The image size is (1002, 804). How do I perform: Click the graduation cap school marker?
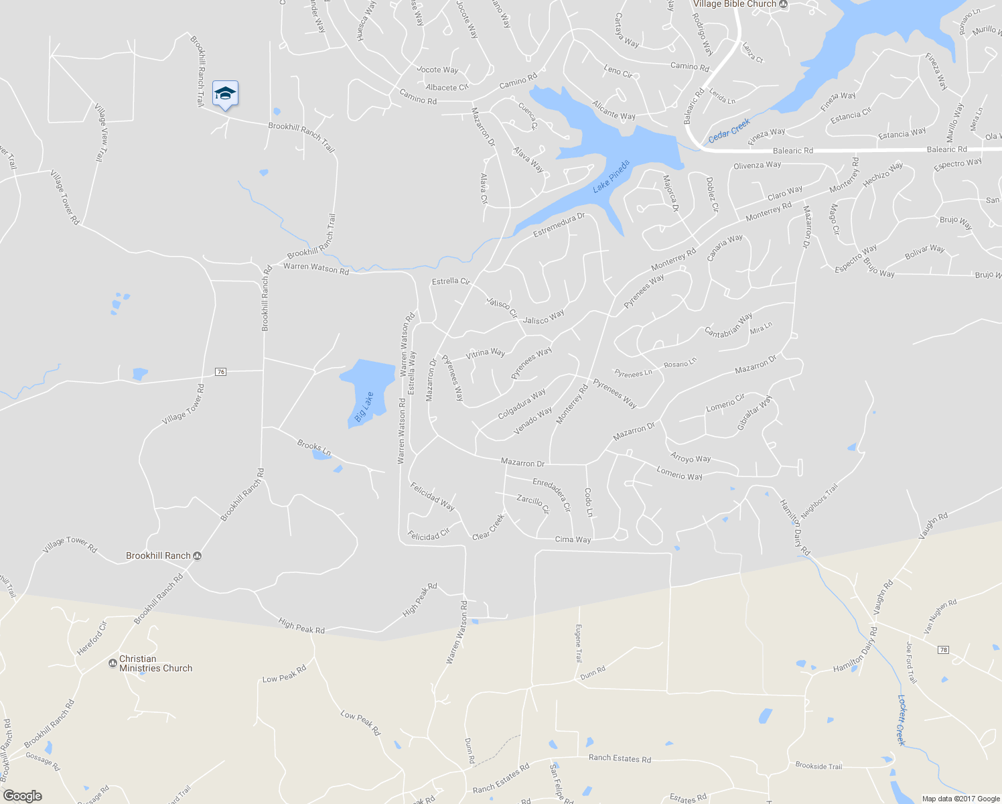(225, 94)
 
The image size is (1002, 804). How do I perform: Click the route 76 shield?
(221, 372)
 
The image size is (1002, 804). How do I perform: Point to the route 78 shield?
(943, 650)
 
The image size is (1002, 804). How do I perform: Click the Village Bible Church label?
(734, 4)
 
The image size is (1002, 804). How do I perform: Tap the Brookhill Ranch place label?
(159, 555)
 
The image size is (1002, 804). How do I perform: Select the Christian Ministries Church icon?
(113, 663)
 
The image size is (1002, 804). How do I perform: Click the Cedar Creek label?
(729, 130)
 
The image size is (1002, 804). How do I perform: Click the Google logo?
(23, 795)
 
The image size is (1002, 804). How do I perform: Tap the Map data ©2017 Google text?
(960, 799)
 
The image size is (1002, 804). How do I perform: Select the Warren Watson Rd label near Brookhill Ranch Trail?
(315, 269)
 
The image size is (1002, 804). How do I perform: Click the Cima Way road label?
(573, 539)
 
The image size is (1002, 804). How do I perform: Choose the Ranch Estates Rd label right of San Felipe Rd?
(620, 758)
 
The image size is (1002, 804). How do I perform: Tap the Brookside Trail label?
(818, 766)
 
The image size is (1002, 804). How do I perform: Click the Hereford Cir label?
(91, 639)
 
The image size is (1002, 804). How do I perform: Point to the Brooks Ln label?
(314, 448)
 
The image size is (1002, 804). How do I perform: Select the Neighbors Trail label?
(818, 500)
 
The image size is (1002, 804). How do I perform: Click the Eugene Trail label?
(579, 643)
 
